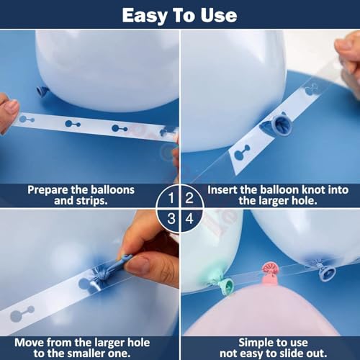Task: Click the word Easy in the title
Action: coord(144,16)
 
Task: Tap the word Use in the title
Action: coord(219,16)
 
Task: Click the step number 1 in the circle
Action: coord(171,198)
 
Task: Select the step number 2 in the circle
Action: coord(189,198)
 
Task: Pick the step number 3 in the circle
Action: coord(171,219)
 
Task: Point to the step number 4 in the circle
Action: coord(189,219)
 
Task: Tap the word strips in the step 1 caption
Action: coord(91,201)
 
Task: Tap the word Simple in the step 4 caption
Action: coord(255,343)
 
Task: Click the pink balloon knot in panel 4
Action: coord(270,273)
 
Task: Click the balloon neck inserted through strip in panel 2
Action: coord(279,125)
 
